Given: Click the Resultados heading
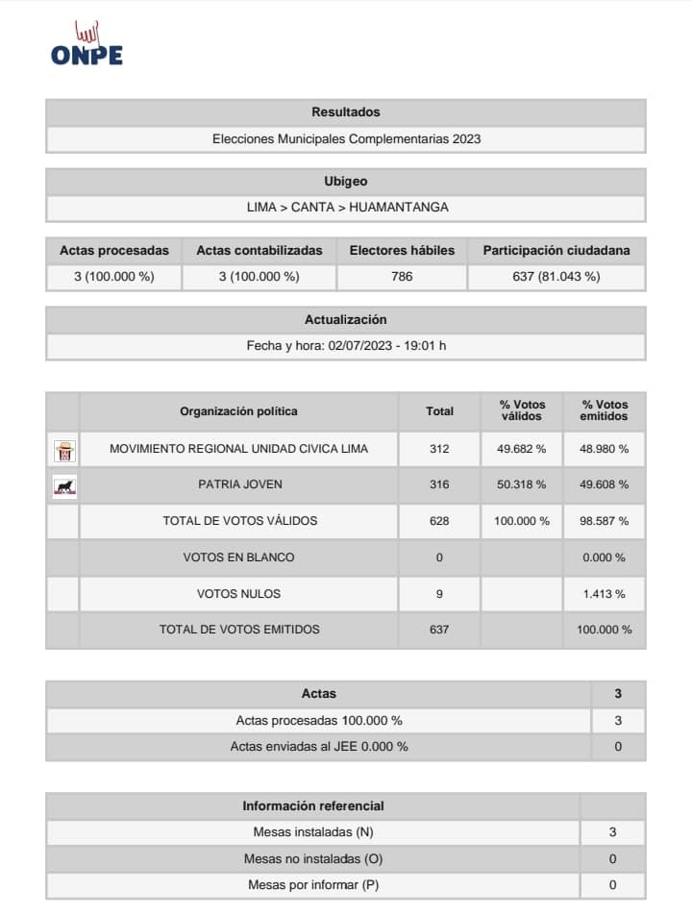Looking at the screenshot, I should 346,112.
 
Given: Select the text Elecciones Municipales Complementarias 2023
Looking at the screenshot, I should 346,139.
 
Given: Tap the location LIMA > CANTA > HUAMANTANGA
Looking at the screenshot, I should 346,207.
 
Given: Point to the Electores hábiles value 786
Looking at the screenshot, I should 402,277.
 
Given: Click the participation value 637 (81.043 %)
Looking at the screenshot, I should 556,277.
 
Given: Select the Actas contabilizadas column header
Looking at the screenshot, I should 259,250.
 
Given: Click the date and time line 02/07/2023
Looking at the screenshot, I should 346,346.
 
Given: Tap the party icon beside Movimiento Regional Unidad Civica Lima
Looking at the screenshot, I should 64,449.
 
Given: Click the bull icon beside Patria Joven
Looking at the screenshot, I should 64,485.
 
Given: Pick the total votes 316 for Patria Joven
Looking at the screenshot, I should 439,484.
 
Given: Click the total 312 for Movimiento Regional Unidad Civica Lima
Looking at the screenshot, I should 439,449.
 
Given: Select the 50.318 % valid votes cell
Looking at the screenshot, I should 522,484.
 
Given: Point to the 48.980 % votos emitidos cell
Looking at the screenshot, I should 605,449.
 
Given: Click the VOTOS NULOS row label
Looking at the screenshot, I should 238,594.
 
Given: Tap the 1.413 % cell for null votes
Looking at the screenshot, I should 605,594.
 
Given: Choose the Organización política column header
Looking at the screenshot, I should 238,411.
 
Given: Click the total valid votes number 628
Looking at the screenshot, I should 439,521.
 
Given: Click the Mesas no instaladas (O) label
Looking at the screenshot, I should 313,858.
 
